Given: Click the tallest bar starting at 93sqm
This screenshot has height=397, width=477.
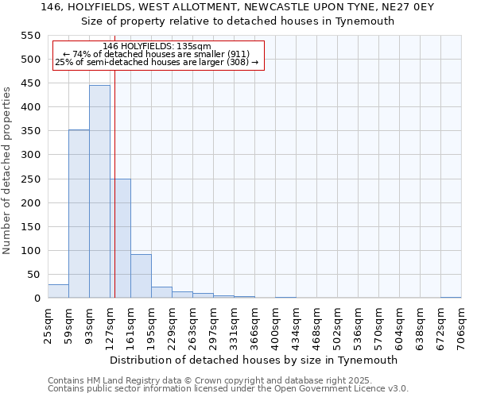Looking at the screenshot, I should coord(99,191).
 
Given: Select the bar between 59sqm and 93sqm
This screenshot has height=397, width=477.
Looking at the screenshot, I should coord(79,214).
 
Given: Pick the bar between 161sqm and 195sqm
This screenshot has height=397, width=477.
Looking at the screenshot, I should coord(141,276).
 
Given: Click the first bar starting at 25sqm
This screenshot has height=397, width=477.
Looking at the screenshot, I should coord(58,291).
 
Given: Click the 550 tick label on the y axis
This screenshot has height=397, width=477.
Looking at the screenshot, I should coord(30,36).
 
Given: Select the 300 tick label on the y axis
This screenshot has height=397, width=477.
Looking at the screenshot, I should coord(30,155).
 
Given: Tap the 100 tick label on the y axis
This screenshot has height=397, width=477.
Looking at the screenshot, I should coord(30,251).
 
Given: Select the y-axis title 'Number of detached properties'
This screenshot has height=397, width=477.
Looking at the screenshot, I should coord(8,171).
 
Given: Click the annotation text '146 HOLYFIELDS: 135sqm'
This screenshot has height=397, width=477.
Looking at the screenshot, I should coord(157,47).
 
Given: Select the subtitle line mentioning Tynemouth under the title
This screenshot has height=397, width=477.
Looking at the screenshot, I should coord(238,21).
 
